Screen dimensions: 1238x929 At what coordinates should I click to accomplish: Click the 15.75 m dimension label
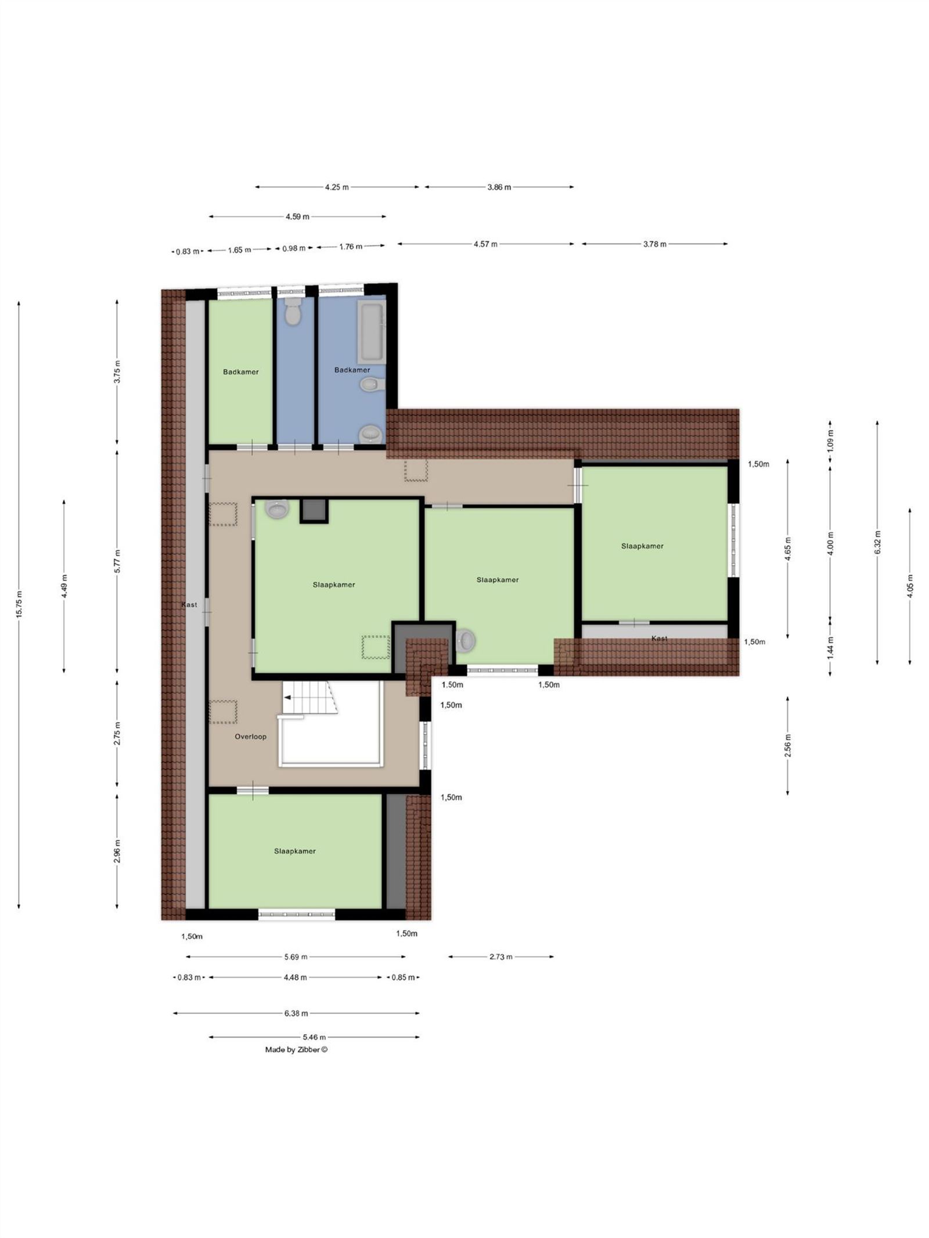click(x=19, y=605)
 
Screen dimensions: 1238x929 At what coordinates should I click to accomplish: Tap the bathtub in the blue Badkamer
click(x=370, y=331)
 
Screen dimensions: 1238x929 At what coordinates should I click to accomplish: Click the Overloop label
click(x=250, y=737)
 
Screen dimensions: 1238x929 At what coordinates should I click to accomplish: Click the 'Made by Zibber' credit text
click(x=296, y=1049)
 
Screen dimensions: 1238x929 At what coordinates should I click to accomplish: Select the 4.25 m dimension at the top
click(x=337, y=187)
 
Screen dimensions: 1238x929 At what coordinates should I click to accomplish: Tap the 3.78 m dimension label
click(x=654, y=244)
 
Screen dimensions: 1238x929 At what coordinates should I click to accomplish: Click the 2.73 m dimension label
click(x=500, y=957)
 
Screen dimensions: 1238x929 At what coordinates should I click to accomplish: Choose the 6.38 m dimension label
click(x=296, y=1013)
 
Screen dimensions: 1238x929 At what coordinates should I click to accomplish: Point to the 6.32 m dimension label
click(x=877, y=542)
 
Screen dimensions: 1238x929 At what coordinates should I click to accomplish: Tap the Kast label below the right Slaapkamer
click(x=659, y=638)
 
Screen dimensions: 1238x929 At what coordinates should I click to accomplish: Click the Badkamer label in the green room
click(x=240, y=372)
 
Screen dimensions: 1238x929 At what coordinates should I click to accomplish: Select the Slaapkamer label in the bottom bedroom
click(x=295, y=851)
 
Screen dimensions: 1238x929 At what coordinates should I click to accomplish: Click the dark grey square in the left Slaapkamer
click(x=314, y=510)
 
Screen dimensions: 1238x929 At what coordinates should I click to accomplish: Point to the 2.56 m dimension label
click(x=787, y=746)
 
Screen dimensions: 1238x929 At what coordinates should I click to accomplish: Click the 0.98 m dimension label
click(x=294, y=248)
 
